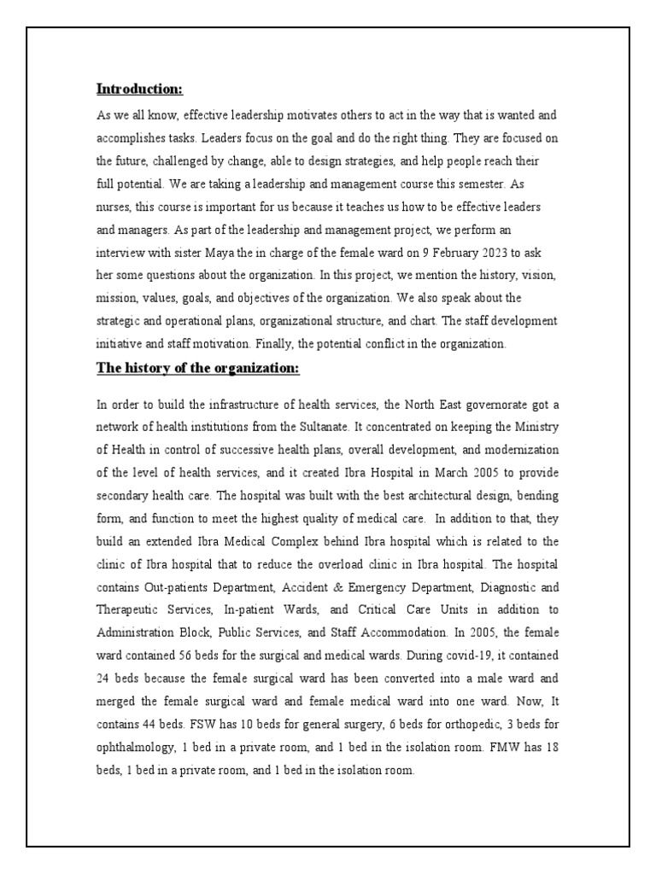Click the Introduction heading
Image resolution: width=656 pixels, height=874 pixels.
click(139, 90)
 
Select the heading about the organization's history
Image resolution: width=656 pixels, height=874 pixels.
click(198, 368)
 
